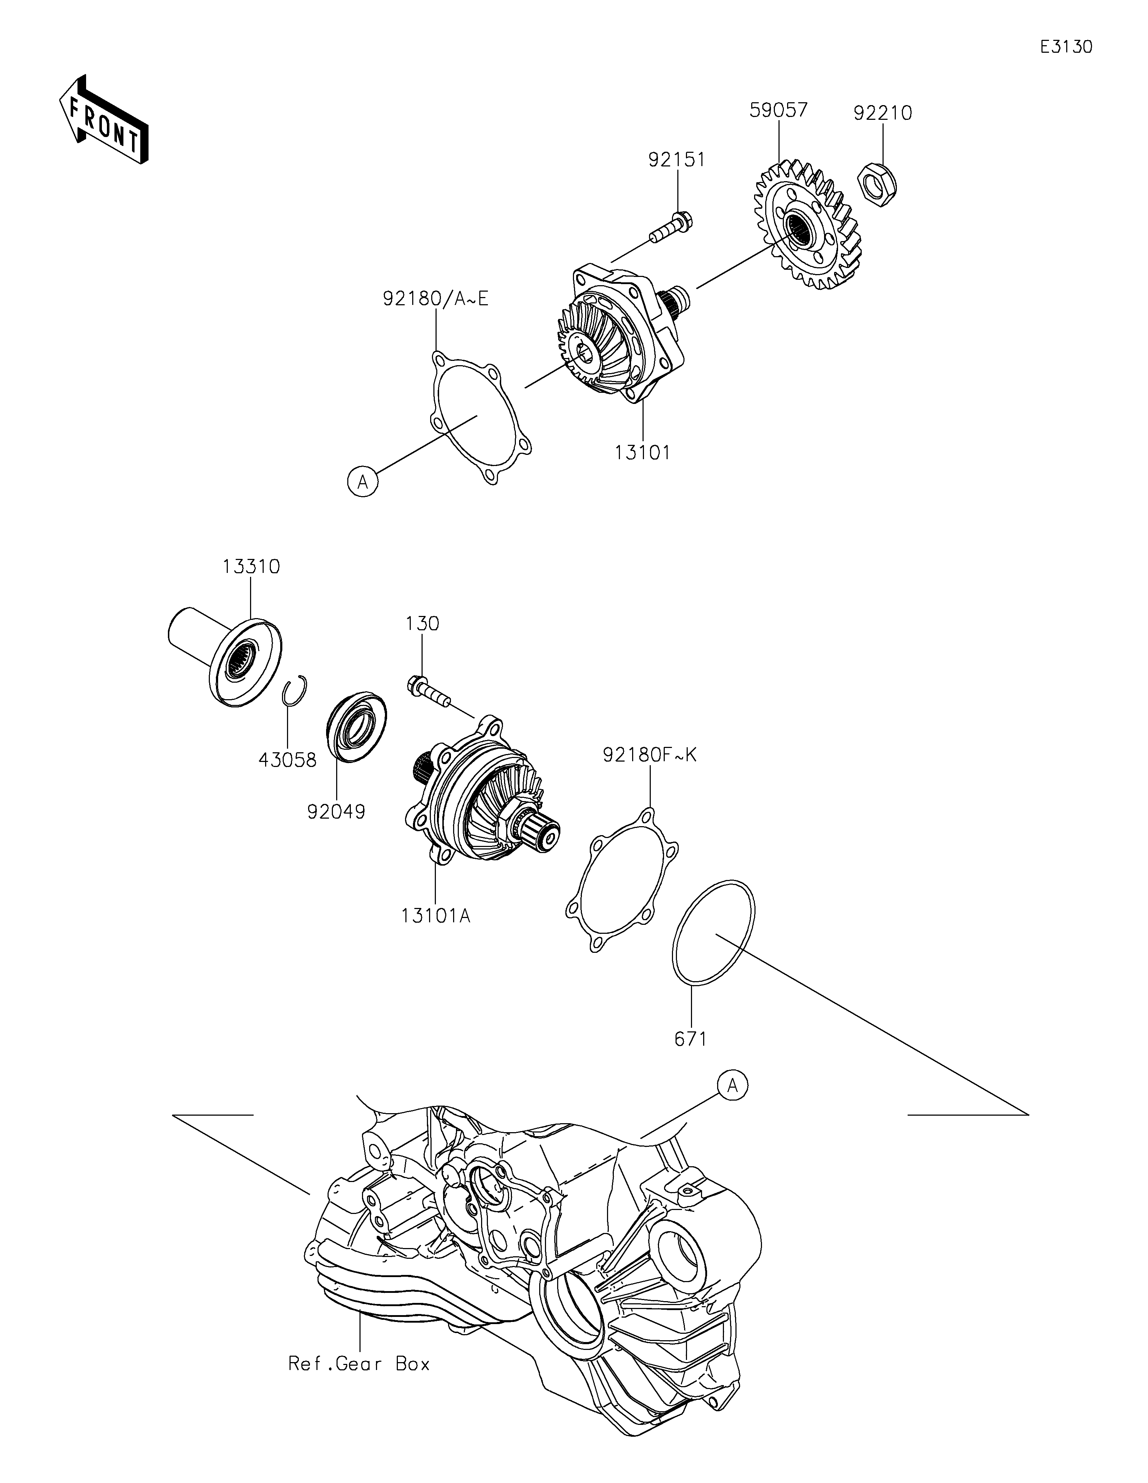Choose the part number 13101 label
point(642,452)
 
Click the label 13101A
point(435,916)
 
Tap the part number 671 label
point(691,1038)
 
